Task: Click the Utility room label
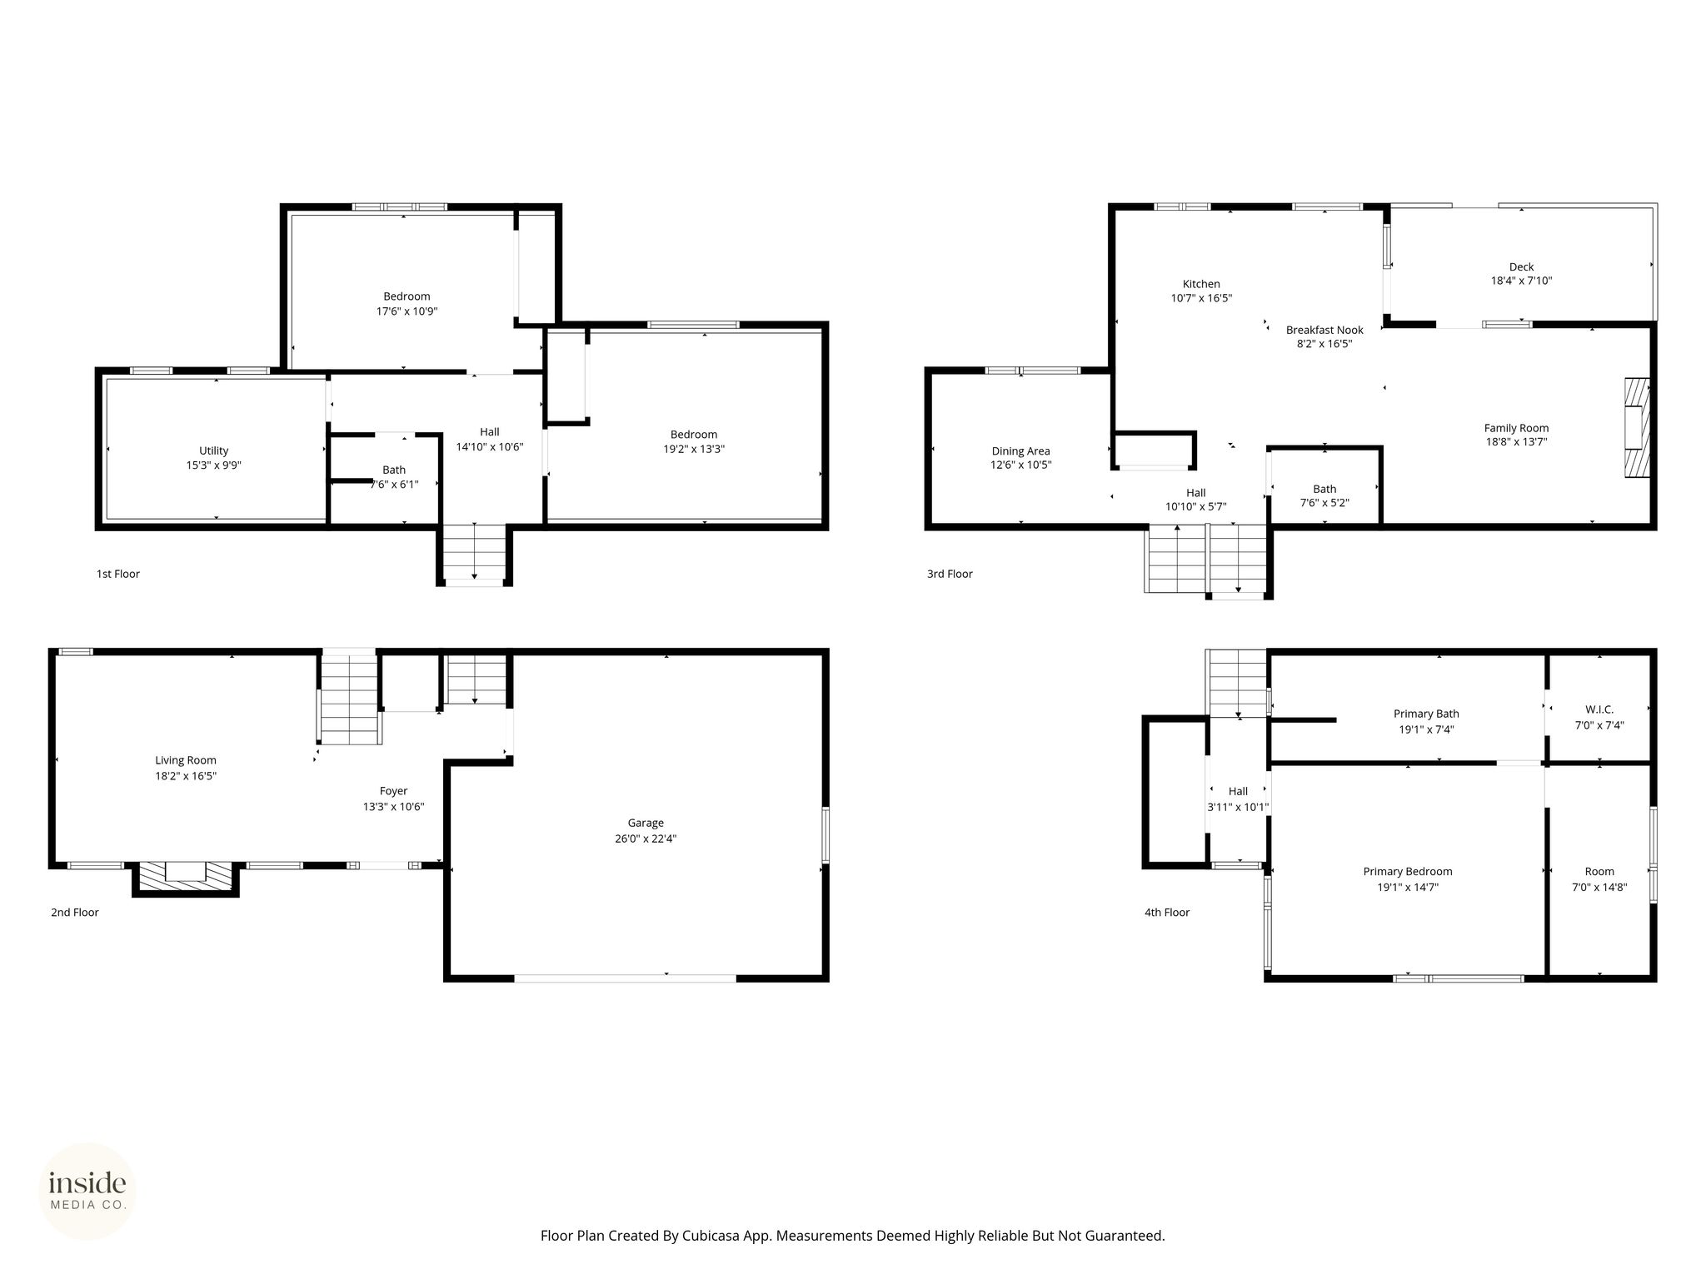coord(214,451)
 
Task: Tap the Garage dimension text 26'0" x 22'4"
coord(646,839)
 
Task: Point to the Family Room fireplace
coord(1637,428)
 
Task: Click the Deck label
coord(1521,267)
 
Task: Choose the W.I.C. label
coord(1599,709)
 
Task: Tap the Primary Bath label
coord(1426,714)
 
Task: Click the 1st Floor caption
coord(118,574)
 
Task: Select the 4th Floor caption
coord(1167,913)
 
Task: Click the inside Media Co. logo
coord(87,1191)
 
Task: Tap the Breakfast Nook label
coord(1324,330)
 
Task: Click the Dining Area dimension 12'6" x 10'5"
coord(1021,465)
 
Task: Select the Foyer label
coord(394,791)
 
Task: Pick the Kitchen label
coord(1201,284)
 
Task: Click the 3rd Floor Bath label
coord(1324,489)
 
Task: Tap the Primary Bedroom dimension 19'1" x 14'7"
coord(1408,887)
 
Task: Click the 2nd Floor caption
coord(75,913)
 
